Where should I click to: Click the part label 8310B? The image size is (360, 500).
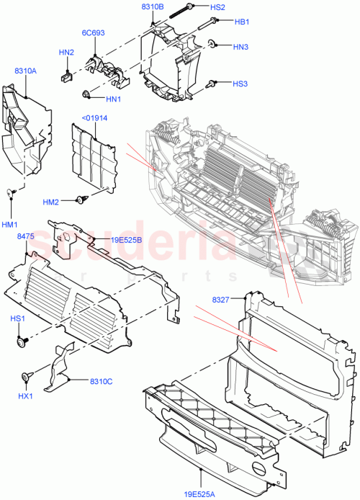153,6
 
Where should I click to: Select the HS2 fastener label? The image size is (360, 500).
218,7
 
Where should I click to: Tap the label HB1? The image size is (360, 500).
242,22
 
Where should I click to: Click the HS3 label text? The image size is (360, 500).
240,84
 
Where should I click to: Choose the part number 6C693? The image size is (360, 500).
92,32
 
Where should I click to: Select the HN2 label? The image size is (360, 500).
66,53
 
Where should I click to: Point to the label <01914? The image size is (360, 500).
94,118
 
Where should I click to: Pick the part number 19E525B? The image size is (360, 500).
126,240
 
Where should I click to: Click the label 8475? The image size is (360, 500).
26,236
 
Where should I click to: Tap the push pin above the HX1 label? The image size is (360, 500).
27,375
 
